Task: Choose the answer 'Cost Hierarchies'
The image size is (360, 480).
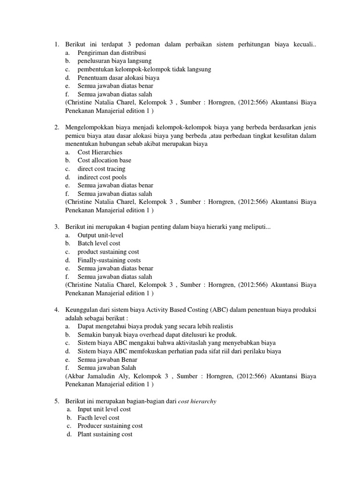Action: (100, 152)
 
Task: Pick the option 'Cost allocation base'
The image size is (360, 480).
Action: (104, 160)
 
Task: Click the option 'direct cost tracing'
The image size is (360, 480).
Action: (101, 169)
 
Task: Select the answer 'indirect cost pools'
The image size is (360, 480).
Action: (102, 177)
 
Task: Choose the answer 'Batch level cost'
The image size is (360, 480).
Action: (99, 243)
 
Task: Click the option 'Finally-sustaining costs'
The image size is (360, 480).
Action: (109, 260)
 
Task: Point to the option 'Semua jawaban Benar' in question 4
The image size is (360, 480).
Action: (105, 359)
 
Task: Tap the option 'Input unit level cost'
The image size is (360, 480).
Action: (104, 409)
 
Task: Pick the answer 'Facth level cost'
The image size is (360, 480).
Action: (98, 418)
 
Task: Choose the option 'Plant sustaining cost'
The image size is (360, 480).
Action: (105, 435)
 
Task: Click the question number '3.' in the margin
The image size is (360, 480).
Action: (57, 227)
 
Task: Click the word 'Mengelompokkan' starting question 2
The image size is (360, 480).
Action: (88, 127)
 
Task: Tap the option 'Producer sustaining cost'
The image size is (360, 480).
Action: (110, 426)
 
